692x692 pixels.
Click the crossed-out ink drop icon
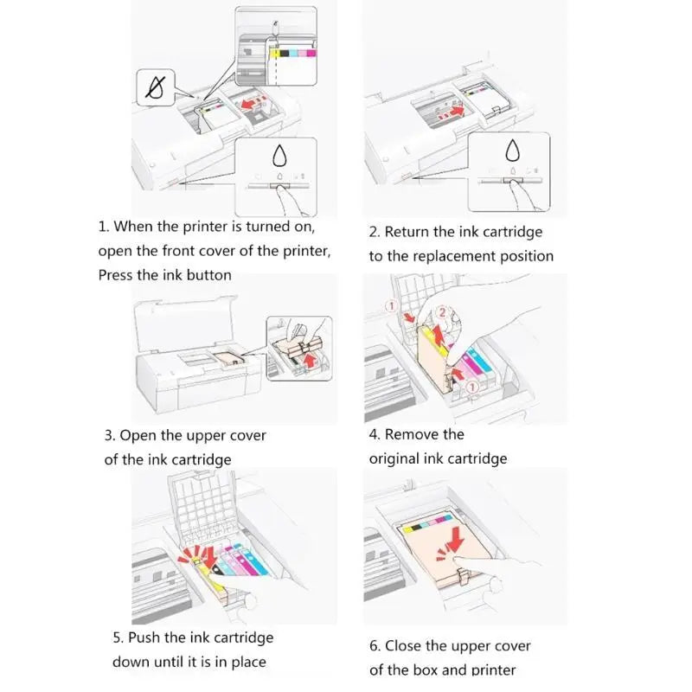155,87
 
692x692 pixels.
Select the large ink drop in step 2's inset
512,150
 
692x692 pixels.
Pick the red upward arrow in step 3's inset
311,361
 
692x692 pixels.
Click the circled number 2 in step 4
442,312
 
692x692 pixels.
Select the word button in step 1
209,275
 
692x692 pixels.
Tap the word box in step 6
425,670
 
